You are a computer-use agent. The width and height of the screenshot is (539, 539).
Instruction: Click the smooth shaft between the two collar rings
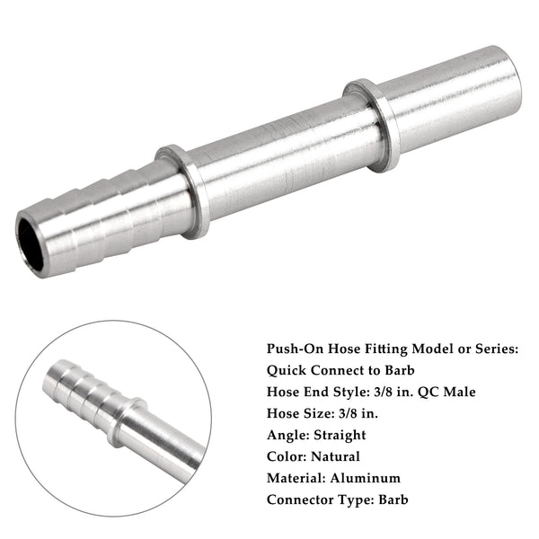coord(278,153)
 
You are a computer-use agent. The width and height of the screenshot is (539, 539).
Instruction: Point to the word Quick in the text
coord(287,370)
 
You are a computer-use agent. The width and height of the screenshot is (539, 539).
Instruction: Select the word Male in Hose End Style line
coord(457,392)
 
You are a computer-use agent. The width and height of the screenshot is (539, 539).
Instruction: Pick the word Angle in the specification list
coord(287,435)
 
